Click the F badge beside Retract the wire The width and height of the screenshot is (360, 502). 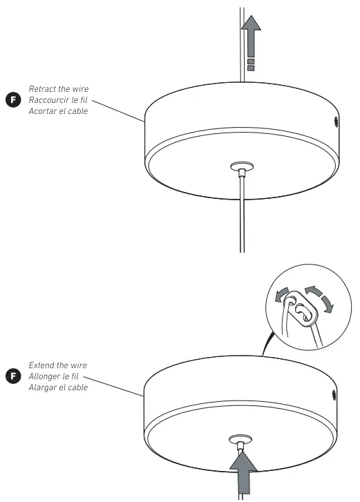[12, 100]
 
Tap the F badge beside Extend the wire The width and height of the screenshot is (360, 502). [12, 376]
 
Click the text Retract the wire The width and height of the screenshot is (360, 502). [58, 89]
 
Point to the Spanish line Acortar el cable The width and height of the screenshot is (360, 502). [58, 111]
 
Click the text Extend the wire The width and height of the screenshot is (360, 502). [58, 365]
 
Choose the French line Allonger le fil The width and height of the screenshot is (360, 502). [56, 376]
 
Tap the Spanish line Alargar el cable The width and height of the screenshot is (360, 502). [58, 387]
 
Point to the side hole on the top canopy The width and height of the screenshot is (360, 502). [336, 122]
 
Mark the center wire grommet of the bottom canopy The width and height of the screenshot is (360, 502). [243, 439]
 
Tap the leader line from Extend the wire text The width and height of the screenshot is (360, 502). [117, 386]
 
